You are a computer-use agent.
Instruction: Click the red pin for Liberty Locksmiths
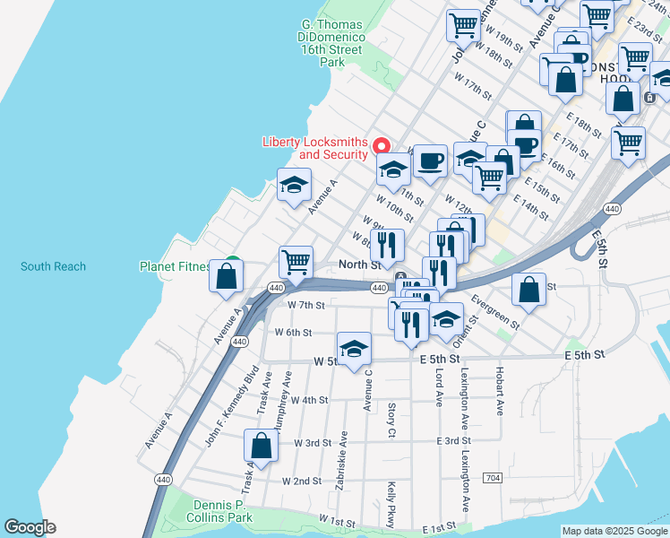382,145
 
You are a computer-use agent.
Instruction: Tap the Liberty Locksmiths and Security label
314,148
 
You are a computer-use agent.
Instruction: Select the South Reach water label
54,266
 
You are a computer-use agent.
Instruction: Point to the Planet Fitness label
176,266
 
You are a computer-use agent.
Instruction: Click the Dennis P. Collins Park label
220,511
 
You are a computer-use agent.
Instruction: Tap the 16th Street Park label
331,50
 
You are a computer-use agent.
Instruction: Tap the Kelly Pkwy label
391,504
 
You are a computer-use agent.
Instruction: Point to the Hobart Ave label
500,391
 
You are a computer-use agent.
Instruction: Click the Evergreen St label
494,310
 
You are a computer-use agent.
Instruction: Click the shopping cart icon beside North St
296,262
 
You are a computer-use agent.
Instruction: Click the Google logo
30,527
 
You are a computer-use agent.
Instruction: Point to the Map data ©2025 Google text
614,531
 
